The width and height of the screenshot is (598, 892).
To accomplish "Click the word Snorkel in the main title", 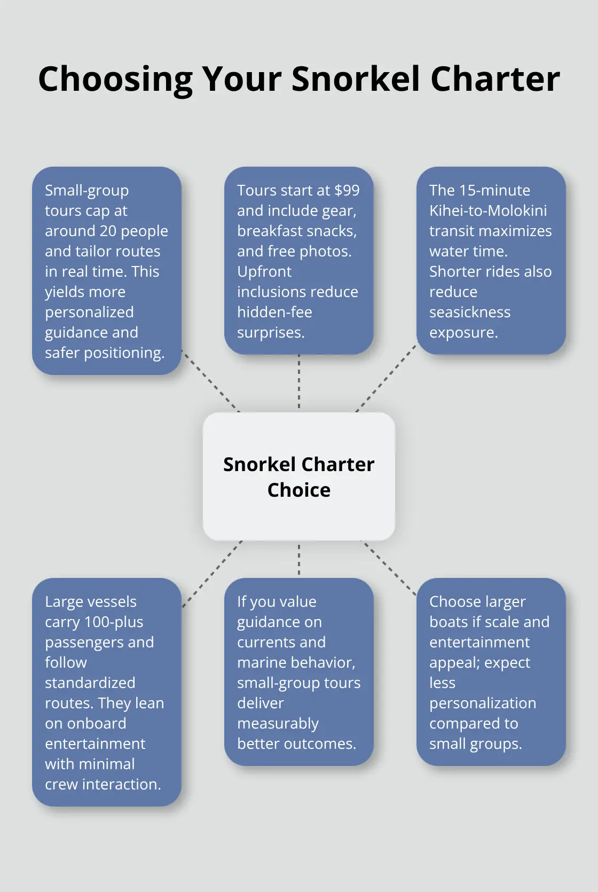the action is point(356,79).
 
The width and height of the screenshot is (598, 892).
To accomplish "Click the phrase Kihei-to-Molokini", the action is point(488,210).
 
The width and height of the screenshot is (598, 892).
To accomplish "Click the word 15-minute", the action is point(495,190).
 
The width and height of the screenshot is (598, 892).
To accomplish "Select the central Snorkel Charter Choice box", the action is point(299,476).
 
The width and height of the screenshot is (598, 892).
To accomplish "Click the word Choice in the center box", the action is point(299,490).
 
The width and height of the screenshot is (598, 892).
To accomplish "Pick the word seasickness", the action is point(470,312).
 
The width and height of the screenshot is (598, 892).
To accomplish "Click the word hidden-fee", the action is point(275,312).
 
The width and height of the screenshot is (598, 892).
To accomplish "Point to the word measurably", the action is point(278,724).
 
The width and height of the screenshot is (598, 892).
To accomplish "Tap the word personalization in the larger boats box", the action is point(483,703).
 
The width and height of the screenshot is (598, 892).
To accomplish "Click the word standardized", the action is point(90,683).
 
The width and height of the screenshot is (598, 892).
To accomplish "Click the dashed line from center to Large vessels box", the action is point(212,574).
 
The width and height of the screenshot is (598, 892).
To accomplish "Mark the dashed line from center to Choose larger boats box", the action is point(389,568).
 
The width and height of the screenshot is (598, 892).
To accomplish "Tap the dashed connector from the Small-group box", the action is point(210,381).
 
